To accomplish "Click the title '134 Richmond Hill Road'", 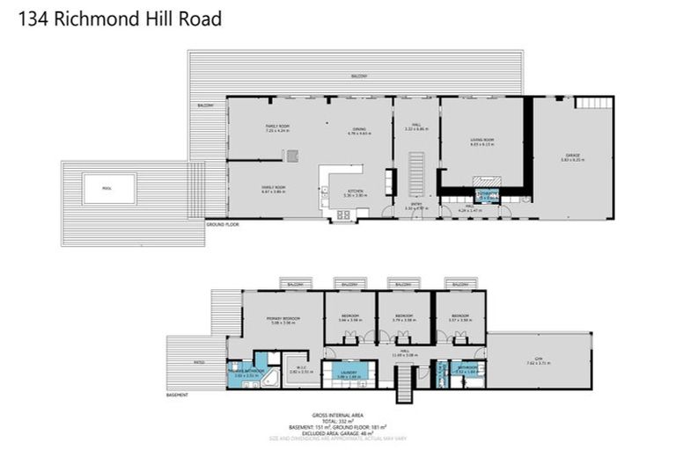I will point(118,18).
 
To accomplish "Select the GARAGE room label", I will point(572,156).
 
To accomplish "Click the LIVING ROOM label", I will point(481,140).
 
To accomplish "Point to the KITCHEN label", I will point(356,192).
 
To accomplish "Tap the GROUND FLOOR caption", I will point(224,225).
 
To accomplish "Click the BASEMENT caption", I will point(177,395).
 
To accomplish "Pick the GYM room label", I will point(538,359).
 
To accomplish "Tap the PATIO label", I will point(187,361).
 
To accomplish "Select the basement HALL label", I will point(406,351).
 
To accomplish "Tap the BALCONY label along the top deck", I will point(356,76).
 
